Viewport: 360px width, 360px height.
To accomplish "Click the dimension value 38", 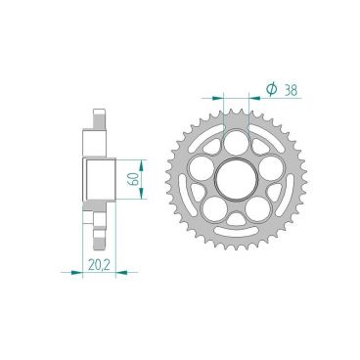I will coord(291,89).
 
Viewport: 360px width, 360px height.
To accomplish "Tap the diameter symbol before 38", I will coord(271,90).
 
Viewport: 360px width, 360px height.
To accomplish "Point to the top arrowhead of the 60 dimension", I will coord(143,157).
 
